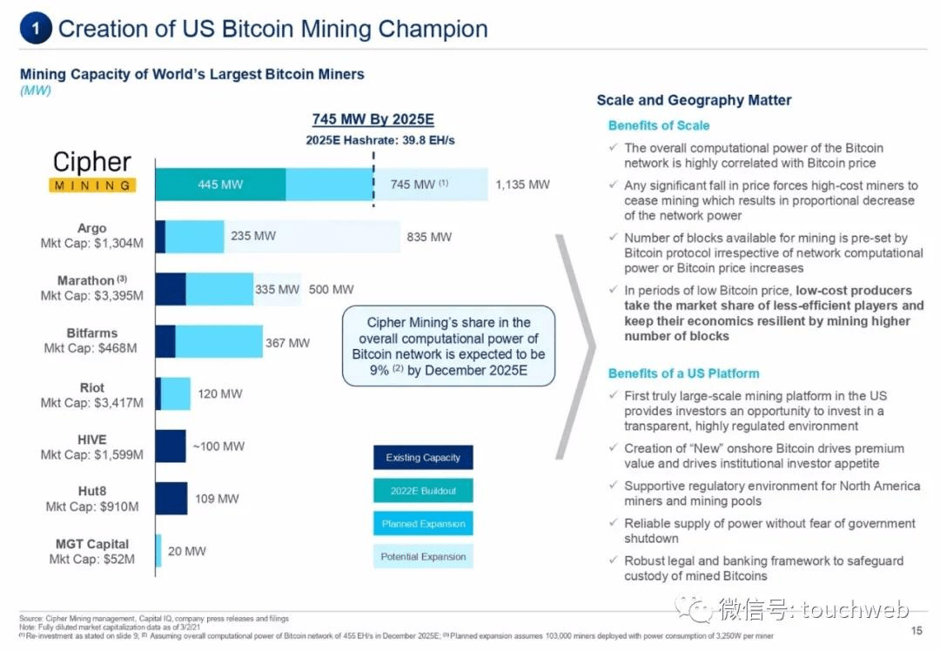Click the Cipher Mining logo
(92, 171)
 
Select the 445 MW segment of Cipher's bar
(220, 185)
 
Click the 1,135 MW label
(522, 185)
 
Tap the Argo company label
(92, 228)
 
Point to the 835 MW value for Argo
(429, 237)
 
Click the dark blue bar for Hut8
(171, 499)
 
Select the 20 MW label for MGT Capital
(187, 551)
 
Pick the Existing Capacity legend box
(423, 458)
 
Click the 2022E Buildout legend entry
(423, 491)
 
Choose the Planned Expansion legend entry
(423, 524)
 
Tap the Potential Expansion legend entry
(423, 557)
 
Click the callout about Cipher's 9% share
(448, 346)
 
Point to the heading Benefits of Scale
(659, 125)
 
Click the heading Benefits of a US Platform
(683, 373)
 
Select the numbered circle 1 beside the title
(35, 28)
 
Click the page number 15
(916, 630)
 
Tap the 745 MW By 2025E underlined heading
(373, 120)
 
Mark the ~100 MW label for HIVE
(218, 446)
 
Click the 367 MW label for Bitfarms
(287, 343)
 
